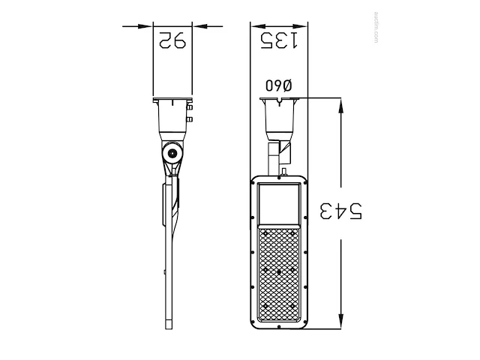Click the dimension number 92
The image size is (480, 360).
[x=172, y=40]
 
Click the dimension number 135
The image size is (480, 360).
[x=278, y=40]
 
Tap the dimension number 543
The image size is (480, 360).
[x=340, y=211]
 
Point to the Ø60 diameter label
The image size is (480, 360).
[x=279, y=85]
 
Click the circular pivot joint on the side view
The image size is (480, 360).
[x=172, y=153]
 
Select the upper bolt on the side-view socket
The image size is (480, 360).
[x=190, y=107]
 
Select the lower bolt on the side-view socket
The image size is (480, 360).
[x=190, y=119]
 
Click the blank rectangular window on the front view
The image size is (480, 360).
[x=278, y=203]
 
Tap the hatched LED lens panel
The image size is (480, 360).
[x=278, y=274]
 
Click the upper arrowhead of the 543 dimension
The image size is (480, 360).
[x=340, y=106]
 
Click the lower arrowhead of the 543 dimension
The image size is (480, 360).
[x=340, y=322]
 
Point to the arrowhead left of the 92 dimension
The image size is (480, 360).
[x=145, y=26]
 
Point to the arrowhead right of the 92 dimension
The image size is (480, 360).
[x=200, y=26]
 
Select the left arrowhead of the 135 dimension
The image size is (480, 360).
[x=258, y=26]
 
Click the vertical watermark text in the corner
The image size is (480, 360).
[x=376, y=27]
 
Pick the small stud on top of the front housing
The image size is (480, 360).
[x=283, y=172]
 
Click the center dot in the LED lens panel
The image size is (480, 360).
[x=279, y=271]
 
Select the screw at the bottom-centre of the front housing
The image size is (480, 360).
[x=279, y=327]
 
